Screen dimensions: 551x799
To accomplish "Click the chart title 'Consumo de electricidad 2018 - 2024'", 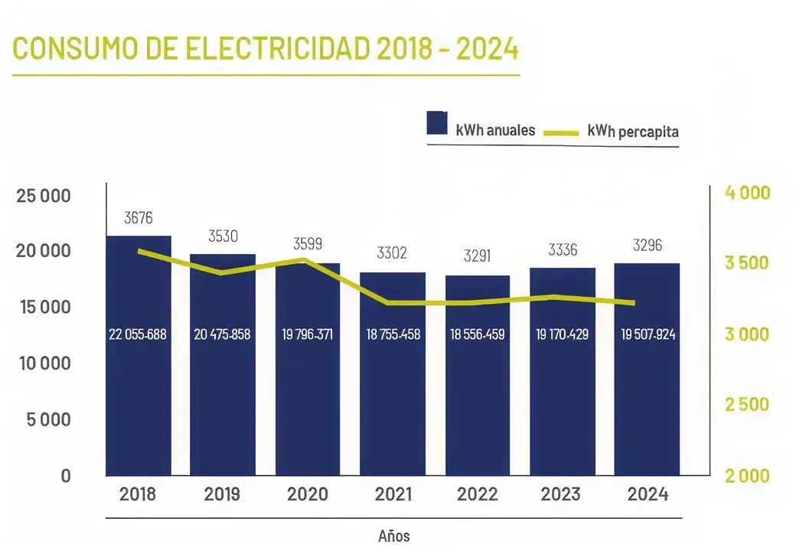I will tap(266, 48).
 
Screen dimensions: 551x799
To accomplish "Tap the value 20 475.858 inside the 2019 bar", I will tap(223, 334).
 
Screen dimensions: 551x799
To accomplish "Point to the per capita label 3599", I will tap(308, 244).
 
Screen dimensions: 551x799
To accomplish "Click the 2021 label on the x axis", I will tap(393, 494).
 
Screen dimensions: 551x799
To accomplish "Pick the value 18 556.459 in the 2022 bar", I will tap(477, 334).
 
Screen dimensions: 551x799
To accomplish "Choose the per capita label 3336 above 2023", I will tap(563, 249).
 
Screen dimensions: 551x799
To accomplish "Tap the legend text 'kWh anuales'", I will tap(495, 130).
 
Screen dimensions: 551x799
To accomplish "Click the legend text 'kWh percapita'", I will tap(633, 131).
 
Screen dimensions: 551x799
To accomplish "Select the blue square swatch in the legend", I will tap(437, 124).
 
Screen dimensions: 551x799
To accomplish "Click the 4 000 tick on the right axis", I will tap(747, 192).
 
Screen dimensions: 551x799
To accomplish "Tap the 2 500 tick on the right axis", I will tap(747, 405).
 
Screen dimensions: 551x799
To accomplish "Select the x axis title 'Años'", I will tap(394, 536).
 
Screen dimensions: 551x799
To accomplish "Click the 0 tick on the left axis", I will tap(66, 475).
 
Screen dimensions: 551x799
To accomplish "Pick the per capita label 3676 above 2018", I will tap(139, 218).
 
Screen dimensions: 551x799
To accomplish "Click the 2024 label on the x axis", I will tap(647, 494).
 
